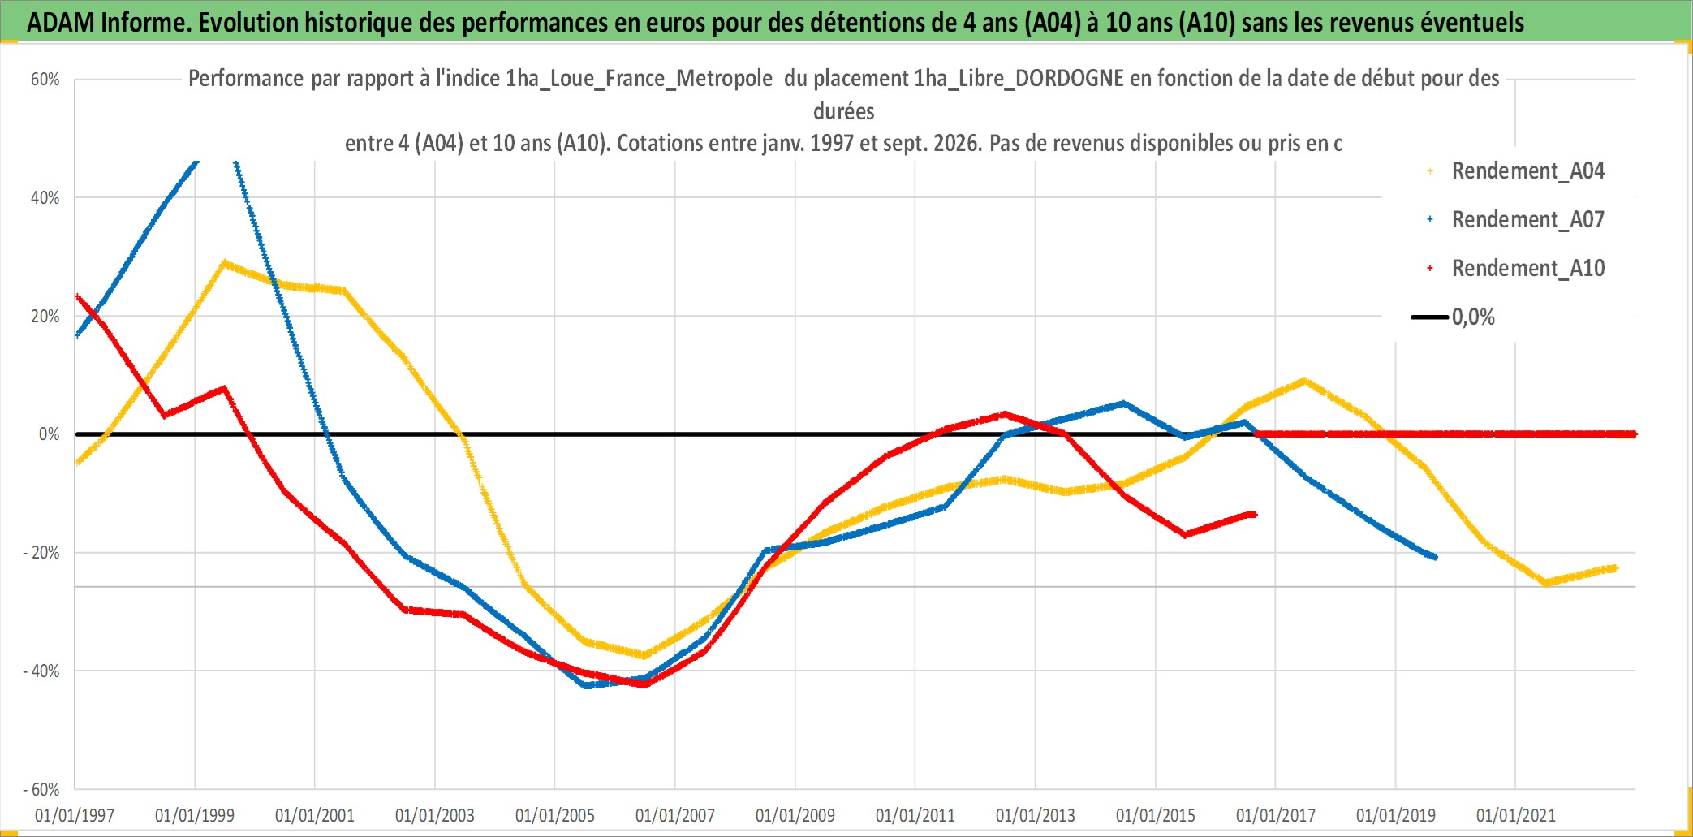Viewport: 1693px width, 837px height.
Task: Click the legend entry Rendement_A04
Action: [x=1527, y=171]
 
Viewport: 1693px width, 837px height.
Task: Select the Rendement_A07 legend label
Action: [x=1527, y=220]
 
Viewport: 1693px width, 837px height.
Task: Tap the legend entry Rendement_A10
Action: [x=1527, y=269]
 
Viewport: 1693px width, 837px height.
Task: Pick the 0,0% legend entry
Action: [x=1473, y=317]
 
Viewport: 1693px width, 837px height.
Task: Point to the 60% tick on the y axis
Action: [x=45, y=80]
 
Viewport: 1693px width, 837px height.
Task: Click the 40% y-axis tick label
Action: [x=45, y=198]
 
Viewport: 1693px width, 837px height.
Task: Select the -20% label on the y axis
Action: [x=41, y=553]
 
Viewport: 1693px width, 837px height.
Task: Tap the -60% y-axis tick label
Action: [x=41, y=789]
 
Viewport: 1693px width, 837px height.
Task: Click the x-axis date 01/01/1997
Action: [x=75, y=815]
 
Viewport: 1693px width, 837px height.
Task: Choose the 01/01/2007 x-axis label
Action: [x=675, y=815]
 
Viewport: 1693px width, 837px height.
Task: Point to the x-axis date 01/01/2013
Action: [x=1036, y=815]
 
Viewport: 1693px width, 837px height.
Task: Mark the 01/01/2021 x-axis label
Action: [x=1516, y=815]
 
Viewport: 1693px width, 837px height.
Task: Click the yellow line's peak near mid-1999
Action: [x=225, y=263]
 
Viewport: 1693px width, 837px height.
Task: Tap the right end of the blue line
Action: [x=1435, y=557]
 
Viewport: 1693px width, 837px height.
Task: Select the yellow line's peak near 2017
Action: [x=1304, y=380]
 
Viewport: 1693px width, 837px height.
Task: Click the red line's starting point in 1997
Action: [x=77, y=297]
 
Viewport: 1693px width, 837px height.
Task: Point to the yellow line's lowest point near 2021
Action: [x=1545, y=583]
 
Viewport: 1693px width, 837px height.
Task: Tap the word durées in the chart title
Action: [x=844, y=111]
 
